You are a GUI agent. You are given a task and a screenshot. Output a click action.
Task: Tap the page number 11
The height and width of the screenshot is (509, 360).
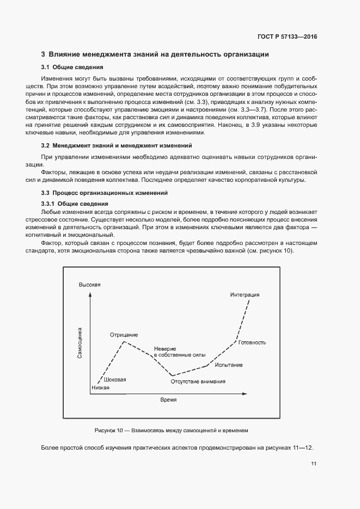coord(314,464)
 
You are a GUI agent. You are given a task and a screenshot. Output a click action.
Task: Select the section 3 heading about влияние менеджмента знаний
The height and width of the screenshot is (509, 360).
coord(155,54)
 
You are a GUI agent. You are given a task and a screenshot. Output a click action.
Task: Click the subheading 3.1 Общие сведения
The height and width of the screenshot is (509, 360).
coord(72,68)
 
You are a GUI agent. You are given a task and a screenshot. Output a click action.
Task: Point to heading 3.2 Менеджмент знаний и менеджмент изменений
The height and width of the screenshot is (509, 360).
coord(117,146)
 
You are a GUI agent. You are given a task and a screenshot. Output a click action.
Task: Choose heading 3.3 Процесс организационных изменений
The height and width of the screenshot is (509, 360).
coord(104,193)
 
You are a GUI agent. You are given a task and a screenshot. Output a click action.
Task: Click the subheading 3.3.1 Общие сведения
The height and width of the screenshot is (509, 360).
coord(75,204)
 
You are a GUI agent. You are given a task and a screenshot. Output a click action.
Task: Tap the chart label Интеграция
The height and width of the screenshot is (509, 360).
coord(245,295)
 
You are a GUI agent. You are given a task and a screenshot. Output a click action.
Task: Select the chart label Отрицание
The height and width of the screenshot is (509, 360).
coord(124,334)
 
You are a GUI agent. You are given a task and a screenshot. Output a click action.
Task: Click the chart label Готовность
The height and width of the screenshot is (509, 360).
coord(252,342)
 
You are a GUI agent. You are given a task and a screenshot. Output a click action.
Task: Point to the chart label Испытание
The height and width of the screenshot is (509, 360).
coord(229,365)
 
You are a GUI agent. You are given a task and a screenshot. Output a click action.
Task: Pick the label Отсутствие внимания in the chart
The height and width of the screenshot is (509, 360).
coord(198,382)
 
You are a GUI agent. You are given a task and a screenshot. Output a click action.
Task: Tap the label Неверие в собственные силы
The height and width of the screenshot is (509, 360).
coord(172,351)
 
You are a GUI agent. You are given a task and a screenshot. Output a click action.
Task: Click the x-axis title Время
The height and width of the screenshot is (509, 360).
coord(168,399)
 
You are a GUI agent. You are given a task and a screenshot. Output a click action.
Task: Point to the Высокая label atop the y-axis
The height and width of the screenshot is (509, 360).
coord(90,285)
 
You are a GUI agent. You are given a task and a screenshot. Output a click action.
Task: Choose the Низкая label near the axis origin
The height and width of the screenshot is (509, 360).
coord(100,388)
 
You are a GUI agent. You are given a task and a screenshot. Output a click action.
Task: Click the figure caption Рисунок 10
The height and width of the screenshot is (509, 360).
coord(171,430)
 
